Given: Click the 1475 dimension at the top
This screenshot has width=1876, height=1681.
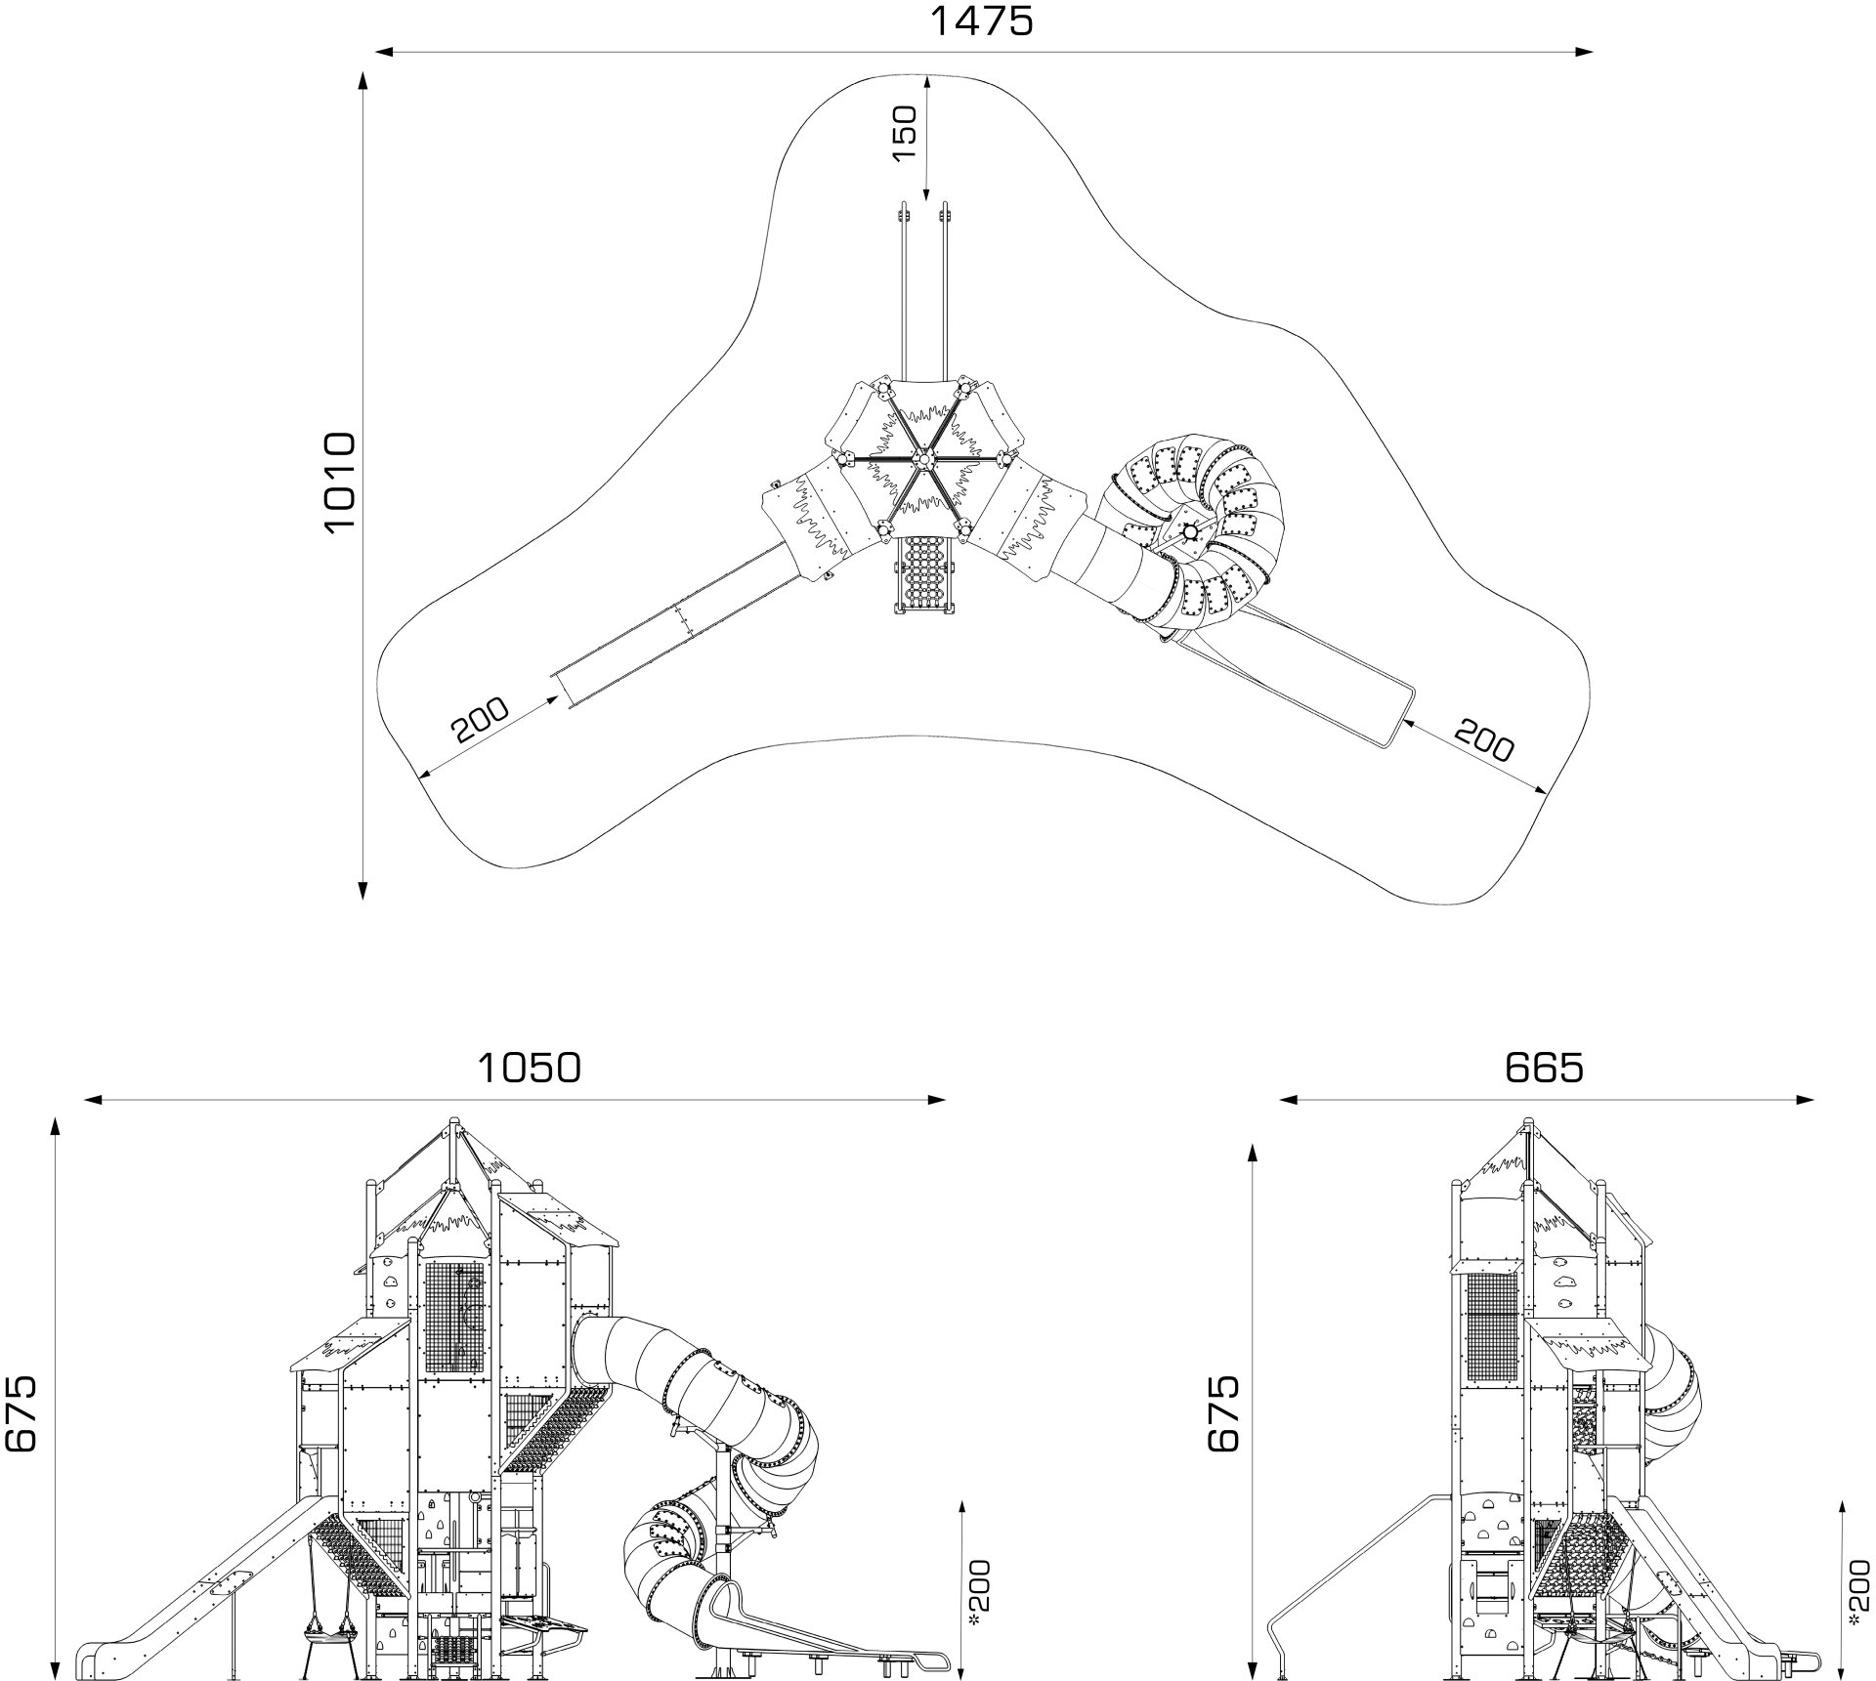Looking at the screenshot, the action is point(981,21).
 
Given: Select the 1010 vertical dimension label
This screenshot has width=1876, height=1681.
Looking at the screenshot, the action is point(340,482).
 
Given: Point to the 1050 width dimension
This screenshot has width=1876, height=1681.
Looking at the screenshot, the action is point(529,1068).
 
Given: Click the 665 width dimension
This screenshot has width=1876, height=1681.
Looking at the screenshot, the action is point(1544,1068).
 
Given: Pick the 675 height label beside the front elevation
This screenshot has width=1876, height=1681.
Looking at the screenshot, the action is point(21,1412).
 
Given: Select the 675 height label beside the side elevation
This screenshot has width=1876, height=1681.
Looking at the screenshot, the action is point(1222,1412).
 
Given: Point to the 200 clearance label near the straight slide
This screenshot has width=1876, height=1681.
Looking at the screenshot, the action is point(480,721).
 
